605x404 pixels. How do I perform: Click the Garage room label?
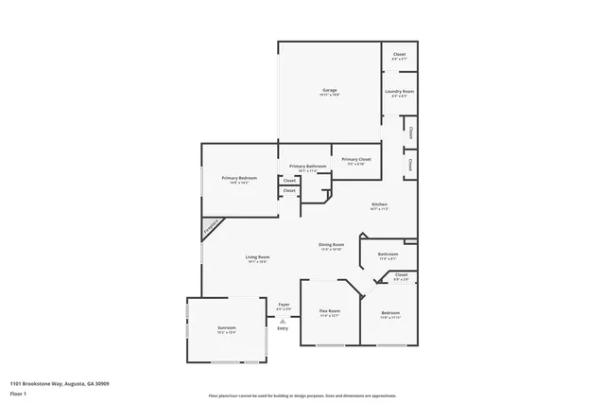tap(329, 90)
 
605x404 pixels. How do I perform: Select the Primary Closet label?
tap(356, 159)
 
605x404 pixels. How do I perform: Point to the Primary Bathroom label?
tap(308, 167)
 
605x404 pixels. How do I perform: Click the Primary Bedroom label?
tap(239, 178)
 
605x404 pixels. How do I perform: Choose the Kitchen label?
tap(379, 204)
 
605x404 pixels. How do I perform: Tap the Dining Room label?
tap(331, 245)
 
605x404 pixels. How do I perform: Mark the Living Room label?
tap(258, 257)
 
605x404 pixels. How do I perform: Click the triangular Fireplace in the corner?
tap(210, 228)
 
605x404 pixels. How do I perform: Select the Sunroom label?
tap(225, 328)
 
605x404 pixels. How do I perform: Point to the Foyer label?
tap(284, 305)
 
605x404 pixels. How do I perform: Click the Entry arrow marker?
tap(283, 321)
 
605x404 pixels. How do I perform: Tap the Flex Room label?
tap(329, 310)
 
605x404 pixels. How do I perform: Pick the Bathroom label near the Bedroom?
tap(388, 254)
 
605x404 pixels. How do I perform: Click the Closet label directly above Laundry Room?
tap(399, 54)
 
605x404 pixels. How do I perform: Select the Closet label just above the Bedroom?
tap(401, 274)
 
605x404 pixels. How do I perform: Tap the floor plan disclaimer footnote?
tap(302, 395)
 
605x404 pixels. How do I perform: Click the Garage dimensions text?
tap(329, 95)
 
